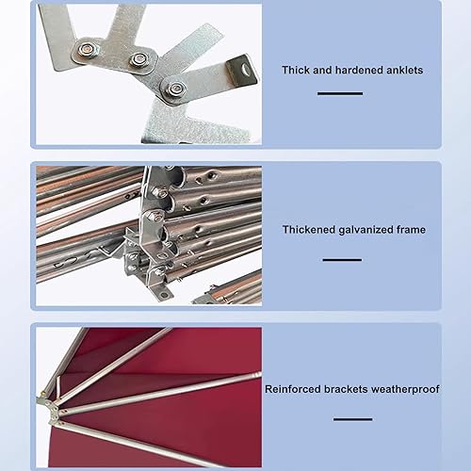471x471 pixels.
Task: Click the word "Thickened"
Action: click(309, 230)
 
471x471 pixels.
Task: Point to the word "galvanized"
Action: click(365, 230)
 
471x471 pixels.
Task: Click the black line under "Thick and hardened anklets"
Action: click(340, 93)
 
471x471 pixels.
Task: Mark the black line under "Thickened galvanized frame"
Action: click(342, 260)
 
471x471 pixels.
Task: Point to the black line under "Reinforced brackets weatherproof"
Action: click(353, 419)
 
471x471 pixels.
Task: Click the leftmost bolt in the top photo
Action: click(86, 50)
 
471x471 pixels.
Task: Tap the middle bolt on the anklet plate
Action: click(138, 59)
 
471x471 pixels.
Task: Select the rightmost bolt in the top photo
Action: click(173, 89)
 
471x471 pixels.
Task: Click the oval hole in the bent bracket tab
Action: click(246, 69)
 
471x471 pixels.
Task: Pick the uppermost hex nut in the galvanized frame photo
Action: click(159, 191)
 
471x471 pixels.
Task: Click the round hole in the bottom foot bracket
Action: click(164, 295)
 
